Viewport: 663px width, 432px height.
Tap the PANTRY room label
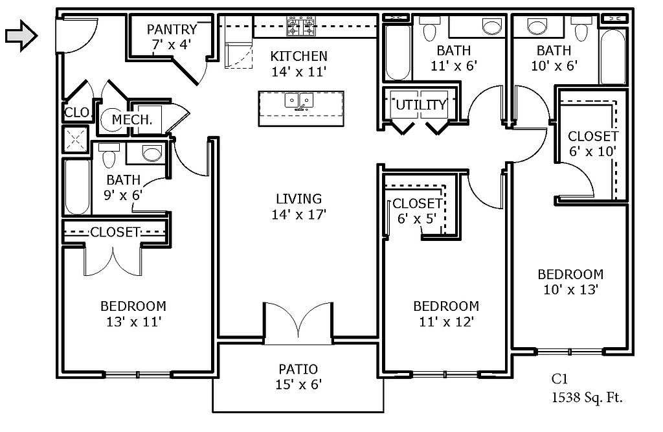pos(172,29)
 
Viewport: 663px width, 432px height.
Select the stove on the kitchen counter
pos(300,27)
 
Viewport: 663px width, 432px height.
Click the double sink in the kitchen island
pos(299,102)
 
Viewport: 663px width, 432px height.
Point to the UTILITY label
pos(421,104)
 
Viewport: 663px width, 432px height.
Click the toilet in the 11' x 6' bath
pos(430,28)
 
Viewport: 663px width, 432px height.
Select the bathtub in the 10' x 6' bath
pos(612,56)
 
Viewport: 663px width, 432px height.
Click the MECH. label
pos(132,120)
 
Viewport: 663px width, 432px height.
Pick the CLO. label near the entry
pos(78,112)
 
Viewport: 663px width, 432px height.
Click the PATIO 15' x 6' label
pos(298,376)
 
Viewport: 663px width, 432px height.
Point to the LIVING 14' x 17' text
pos(298,207)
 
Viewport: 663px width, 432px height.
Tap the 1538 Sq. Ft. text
pos(587,397)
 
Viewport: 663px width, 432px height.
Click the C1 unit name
pos(559,379)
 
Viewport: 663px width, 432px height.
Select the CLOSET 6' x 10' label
pos(593,144)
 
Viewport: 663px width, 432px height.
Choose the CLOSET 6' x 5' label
pos(417,210)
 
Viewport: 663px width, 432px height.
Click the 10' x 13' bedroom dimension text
pos(570,290)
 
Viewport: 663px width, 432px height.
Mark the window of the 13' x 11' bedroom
pos(138,374)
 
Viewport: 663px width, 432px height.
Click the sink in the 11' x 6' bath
pos(491,27)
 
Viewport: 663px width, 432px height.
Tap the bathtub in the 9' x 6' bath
pos(78,187)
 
